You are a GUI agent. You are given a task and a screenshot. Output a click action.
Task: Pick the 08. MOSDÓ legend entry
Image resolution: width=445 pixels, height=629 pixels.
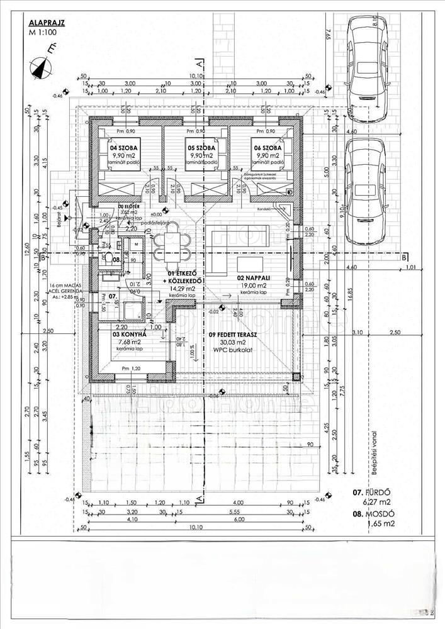[x=374, y=514]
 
